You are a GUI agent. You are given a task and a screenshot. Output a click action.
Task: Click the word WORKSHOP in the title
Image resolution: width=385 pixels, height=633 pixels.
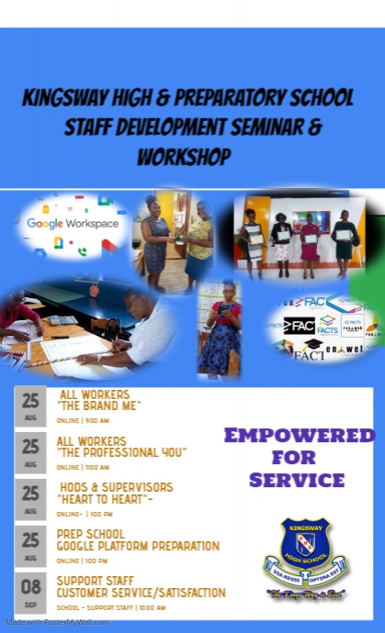point(184,159)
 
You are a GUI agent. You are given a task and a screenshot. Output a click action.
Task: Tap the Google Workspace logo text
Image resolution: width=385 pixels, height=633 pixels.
point(72,223)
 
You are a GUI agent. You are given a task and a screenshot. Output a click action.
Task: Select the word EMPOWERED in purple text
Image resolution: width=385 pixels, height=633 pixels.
point(295,435)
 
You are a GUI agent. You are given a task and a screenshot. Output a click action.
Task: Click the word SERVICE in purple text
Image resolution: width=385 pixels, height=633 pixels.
point(296,480)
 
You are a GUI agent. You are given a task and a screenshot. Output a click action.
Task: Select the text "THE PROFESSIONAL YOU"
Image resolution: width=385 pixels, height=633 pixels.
point(121,452)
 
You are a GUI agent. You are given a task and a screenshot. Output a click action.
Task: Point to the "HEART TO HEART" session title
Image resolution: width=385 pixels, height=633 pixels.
point(105,499)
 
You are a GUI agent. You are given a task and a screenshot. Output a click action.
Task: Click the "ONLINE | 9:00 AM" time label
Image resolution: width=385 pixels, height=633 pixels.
point(82,422)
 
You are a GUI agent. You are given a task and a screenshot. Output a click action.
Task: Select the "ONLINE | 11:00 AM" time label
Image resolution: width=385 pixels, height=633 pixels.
point(84,467)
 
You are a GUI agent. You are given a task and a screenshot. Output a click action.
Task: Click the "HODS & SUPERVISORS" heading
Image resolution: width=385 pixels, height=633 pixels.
point(116,487)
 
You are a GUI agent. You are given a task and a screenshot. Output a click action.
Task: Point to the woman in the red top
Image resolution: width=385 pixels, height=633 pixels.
point(221,327)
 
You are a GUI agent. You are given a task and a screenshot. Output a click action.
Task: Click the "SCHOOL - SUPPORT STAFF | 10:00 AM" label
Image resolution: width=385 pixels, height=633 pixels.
point(111,607)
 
